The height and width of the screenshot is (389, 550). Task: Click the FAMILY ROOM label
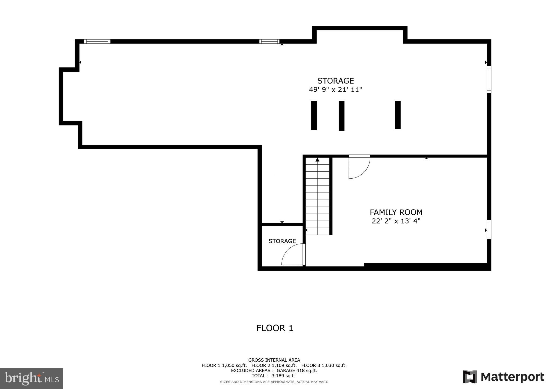(x=396, y=212)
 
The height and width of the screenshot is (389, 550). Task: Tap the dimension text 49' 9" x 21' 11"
(x=335, y=89)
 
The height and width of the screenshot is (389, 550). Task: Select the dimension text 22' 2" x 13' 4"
(x=396, y=221)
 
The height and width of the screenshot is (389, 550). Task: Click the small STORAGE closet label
(x=282, y=241)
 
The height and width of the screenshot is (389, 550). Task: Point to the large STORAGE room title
(x=335, y=81)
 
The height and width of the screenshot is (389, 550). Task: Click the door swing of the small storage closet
(x=292, y=255)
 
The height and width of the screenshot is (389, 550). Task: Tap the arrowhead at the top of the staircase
(x=317, y=160)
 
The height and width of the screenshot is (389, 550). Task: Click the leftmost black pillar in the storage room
(x=314, y=115)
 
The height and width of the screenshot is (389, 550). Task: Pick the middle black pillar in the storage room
(x=341, y=116)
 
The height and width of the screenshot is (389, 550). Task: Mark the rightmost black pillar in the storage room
(x=397, y=115)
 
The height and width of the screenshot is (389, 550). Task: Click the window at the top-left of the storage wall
(x=97, y=41)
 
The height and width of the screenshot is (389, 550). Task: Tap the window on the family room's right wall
(x=489, y=229)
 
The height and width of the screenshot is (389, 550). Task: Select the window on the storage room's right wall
(x=489, y=80)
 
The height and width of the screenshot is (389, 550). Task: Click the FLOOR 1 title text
(x=274, y=328)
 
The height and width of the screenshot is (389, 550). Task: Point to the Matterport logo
(x=503, y=377)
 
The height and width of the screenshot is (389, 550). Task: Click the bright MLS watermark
(x=31, y=379)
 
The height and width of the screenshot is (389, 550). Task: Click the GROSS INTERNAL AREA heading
(x=274, y=360)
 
